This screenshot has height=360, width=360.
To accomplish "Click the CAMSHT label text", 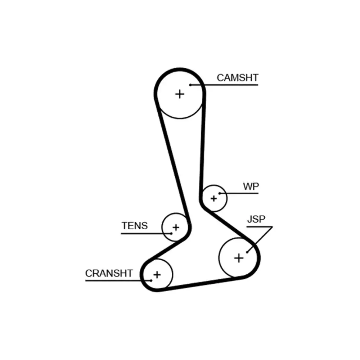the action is (x=238, y=78).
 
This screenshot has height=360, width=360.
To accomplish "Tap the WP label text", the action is (x=251, y=186).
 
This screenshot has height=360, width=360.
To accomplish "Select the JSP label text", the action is (x=256, y=219).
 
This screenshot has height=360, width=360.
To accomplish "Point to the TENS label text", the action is (x=135, y=226).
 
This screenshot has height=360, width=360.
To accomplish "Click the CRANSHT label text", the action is (x=109, y=273).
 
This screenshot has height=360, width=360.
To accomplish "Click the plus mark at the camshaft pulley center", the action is (x=180, y=94).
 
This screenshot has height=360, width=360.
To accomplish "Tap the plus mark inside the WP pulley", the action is (x=214, y=198).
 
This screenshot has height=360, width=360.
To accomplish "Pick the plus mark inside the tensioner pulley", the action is (x=176, y=228).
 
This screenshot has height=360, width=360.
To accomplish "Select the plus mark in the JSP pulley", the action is (x=239, y=258).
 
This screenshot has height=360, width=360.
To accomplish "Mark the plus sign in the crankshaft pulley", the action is (x=157, y=275).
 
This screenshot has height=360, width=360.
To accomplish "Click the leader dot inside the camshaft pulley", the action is (x=190, y=85).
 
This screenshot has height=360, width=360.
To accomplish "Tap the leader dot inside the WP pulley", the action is (x=220, y=193).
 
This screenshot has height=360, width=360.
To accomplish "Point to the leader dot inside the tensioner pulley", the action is (x=171, y=234).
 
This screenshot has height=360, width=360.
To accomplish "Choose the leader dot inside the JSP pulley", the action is (x=247, y=252).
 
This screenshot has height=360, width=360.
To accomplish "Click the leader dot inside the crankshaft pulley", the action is (x=151, y=280).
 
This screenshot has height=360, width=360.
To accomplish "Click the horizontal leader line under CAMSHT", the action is (x=224, y=85).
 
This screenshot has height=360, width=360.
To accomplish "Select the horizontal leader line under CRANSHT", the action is (x=118, y=280).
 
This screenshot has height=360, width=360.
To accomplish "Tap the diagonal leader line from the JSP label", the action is (x=260, y=239).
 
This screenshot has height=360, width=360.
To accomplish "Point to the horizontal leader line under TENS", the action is (x=146, y=234).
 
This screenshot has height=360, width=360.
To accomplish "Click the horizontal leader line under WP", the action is (x=239, y=193).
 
